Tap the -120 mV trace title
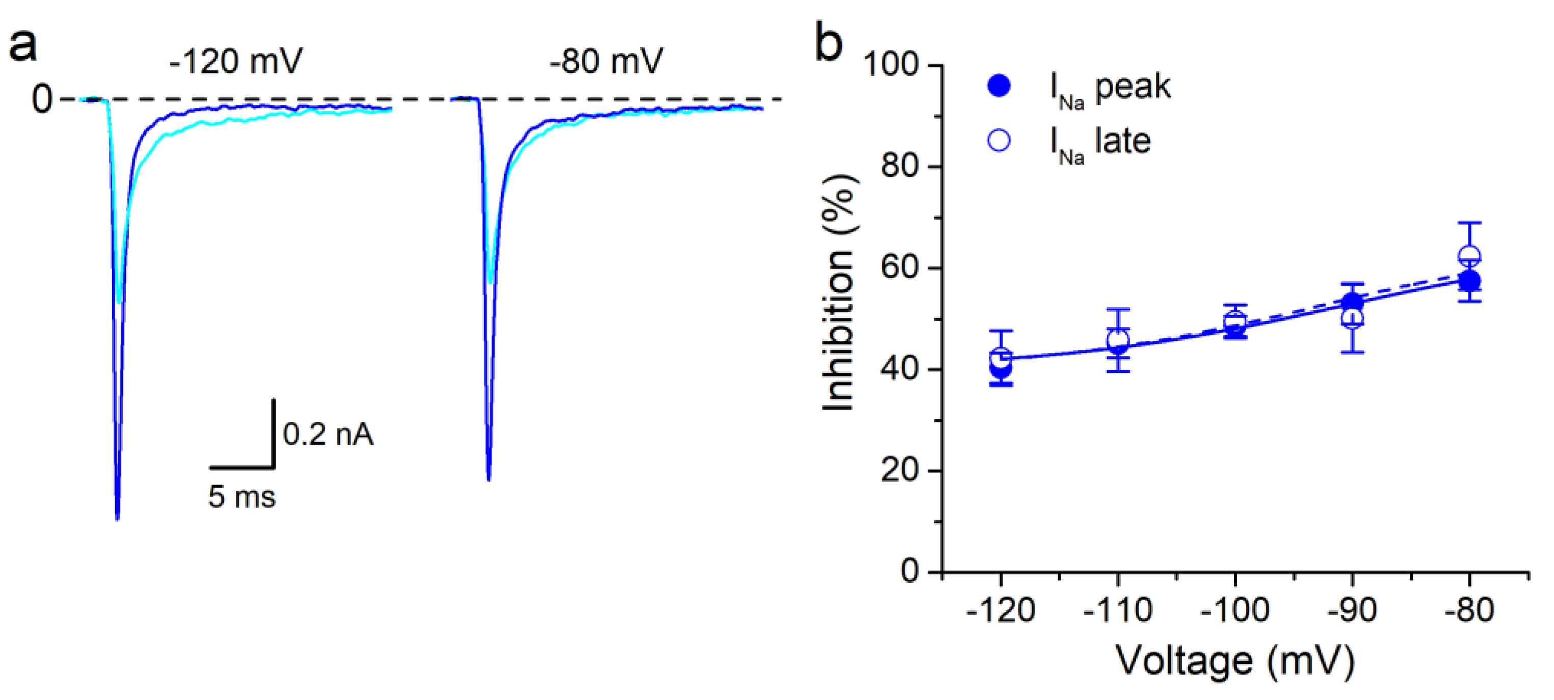coord(236,62)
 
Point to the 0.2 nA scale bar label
coord(328,434)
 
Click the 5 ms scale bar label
coord(241,497)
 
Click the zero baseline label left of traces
coord(42,99)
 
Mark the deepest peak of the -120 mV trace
coord(117,517)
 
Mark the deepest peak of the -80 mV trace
coord(489,479)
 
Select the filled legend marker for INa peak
coord(999,86)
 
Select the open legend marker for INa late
coord(999,141)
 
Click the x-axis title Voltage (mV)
coord(1235,661)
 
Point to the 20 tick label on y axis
coord(900,470)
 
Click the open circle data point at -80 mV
coord(1469,256)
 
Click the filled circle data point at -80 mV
coord(1469,281)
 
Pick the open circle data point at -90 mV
coord(1353,318)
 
